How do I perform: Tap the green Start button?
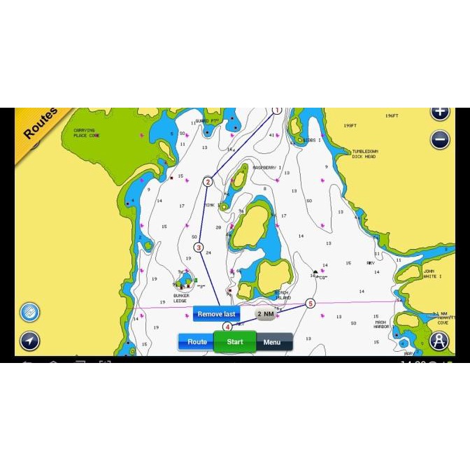tap(235, 342)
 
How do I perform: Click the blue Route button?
tap(197, 342)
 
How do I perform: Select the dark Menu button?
tap(273, 342)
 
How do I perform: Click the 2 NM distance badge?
tap(265, 315)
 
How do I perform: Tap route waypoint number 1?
tap(277, 111)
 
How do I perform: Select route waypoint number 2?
tap(208, 182)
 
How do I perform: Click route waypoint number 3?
tap(199, 248)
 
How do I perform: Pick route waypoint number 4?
tap(227, 327)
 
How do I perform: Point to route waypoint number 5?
tap(311, 304)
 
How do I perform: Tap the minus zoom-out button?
tap(440, 139)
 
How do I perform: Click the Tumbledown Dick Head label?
tap(364, 154)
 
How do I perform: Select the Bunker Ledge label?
tap(181, 298)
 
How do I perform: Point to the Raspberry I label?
tap(266, 168)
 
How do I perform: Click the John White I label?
tap(432, 273)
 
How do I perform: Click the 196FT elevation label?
tap(392, 115)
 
